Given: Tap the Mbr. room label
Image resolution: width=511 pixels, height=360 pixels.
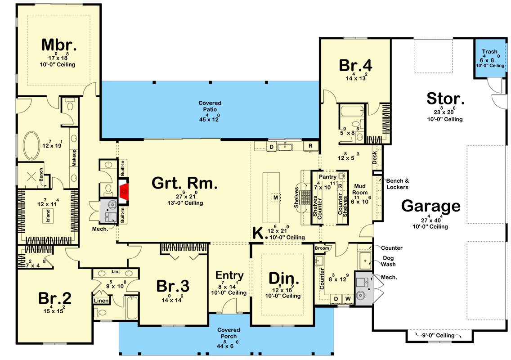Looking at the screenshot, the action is [59, 45].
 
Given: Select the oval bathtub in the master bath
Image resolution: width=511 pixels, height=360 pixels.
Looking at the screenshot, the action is [31, 145].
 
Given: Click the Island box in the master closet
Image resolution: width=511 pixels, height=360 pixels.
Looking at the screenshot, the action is [48, 216].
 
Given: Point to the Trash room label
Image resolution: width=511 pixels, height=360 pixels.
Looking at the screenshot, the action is [489, 51].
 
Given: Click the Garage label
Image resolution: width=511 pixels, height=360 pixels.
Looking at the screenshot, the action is [430, 206].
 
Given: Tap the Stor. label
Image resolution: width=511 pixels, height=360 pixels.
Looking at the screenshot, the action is [445, 99].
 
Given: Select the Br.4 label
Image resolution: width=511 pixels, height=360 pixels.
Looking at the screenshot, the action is [355, 65].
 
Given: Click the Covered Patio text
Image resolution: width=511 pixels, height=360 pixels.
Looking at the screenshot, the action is [210, 106].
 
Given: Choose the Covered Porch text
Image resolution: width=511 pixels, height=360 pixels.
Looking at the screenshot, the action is [229, 333].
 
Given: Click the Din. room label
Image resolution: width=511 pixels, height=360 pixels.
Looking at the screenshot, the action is [283, 279].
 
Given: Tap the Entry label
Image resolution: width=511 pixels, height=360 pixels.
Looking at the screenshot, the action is [229, 275].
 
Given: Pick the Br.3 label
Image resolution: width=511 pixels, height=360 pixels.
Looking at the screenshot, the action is [173, 286].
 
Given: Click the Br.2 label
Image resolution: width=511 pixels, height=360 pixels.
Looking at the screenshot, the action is [54, 298].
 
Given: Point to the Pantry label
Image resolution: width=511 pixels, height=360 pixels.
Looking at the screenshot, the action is [327, 177].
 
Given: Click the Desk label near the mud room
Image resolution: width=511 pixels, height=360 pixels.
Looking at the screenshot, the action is [375, 157].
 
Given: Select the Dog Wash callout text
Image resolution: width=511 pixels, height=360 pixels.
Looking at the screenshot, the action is [388, 261].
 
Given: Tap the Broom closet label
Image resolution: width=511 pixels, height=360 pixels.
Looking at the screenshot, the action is [322, 248].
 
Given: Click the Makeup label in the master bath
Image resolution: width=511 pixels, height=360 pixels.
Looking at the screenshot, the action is [74, 158].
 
